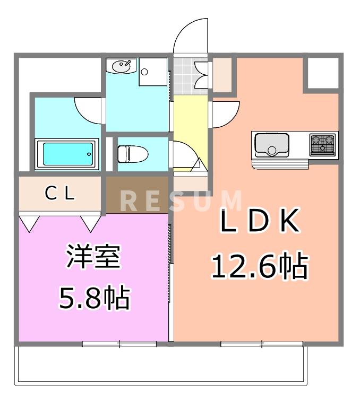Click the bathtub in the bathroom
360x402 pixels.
pyautogui.click(x=67, y=153)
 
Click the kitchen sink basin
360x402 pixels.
pyautogui.click(x=272, y=144)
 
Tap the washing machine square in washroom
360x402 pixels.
pyautogui.click(x=153, y=72)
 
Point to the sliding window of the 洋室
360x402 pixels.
pyautogui.click(x=119, y=344)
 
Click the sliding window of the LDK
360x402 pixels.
pyautogui.click(x=262, y=344)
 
